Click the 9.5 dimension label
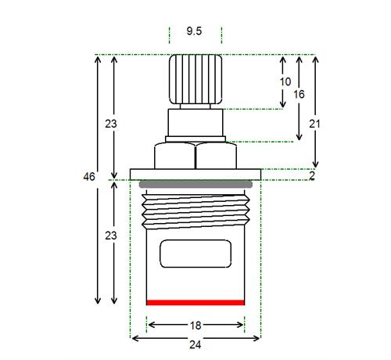(194, 31)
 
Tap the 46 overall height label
(89, 177)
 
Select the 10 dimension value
(285, 81)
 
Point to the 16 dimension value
(299, 94)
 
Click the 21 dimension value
(314, 124)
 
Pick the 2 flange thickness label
(312, 175)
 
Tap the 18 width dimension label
(195, 326)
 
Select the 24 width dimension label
(195, 345)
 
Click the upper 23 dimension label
(111, 124)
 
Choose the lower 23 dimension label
(111, 236)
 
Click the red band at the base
(195, 303)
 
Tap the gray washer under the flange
(195, 185)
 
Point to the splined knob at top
(195, 79)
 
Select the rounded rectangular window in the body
(195, 254)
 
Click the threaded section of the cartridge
(195, 212)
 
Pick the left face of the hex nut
(174, 156)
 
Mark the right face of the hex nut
(217, 156)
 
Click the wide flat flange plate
(195, 175)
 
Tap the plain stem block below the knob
(195, 122)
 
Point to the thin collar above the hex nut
(195, 139)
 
